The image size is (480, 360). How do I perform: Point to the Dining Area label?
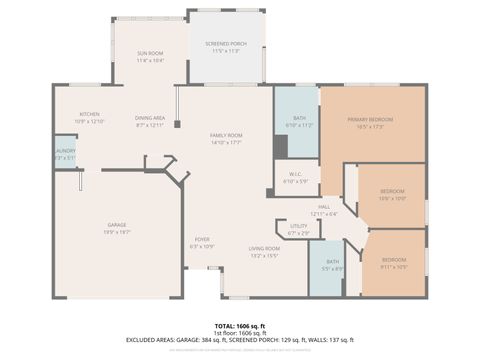(150, 118)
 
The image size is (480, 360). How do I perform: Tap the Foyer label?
(202, 240)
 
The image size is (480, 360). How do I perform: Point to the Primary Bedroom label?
(370, 119)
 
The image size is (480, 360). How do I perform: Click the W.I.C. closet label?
(295, 176)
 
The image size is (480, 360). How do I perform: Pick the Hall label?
(324, 207)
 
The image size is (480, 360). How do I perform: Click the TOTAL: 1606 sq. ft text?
(239, 326)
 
